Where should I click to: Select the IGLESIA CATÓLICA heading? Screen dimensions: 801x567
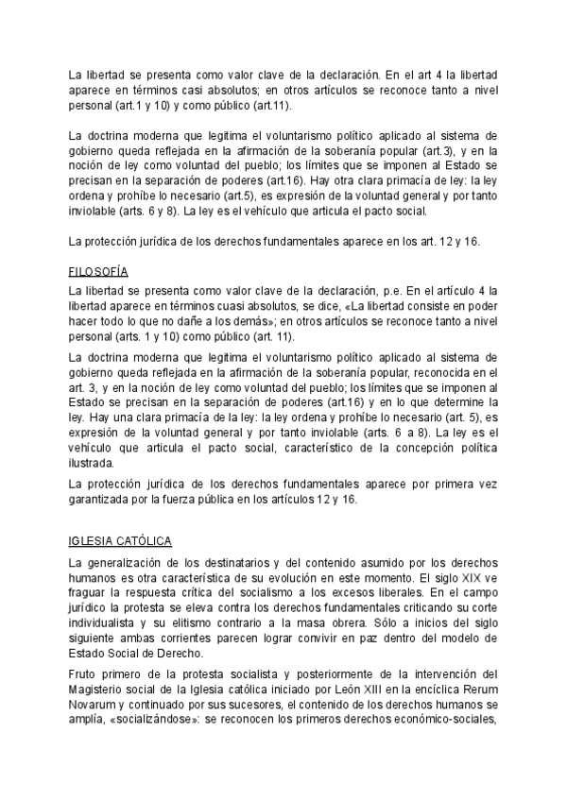pos(120,541)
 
